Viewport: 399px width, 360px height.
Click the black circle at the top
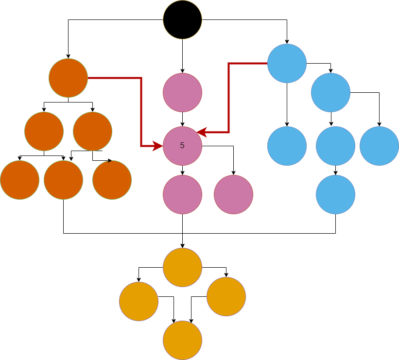pyautogui.click(x=182, y=19)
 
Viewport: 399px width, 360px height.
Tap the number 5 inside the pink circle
pyautogui.click(x=182, y=145)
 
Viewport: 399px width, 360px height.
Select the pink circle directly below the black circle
pyautogui.click(x=182, y=92)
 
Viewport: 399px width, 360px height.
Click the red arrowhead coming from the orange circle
pyautogui.click(x=157, y=145)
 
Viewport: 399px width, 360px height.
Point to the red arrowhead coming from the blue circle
pyautogui.click(x=202, y=131)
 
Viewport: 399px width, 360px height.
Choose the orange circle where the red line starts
pyautogui.click(x=68, y=78)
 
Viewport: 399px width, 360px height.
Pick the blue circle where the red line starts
pyautogui.click(x=287, y=63)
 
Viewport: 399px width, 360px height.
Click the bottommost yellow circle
pyautogui.click(x=182, y=340)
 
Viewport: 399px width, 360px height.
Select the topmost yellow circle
pyautogui.click(x=182, y=267)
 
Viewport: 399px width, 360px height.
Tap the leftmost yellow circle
pyautogui.click(x=139, y=301)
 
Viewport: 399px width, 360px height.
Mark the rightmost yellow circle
pyautogui.click(x=226, y=296)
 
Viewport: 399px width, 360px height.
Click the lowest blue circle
pyautogui.click(x=335, y=194)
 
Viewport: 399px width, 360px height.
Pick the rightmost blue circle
pyautogui.click(x=379, y=146)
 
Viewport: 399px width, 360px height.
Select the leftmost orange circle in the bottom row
pyautogui.click(x=19, y=180)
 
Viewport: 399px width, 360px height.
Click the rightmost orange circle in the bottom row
pyautogui.click(x=112, y=180)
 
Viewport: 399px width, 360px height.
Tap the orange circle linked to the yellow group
pyautogui.click(x=63, y=180)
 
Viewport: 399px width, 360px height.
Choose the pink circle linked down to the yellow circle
pyautogui.click(x=182, y=194)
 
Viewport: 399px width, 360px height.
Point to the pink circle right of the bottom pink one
pyautogui.click(x=233, y=194)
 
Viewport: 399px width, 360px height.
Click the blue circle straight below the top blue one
pyautogui.click(x=287, y=146)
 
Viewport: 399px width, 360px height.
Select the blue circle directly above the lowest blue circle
pyautogui.click(x=335, y=146)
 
